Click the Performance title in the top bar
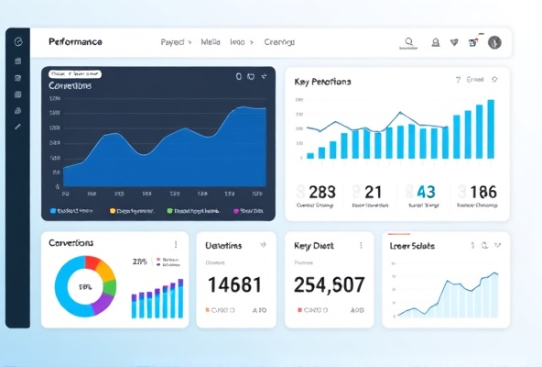click(75, 42)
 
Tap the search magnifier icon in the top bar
click(408, 42)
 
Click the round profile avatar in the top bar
click(494, 42)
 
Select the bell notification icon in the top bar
click(436, 42)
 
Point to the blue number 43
click(426, 192)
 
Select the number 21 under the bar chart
click(373, 192)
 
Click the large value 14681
click(235, 284)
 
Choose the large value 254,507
click(329, 284)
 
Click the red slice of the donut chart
click(92, 262)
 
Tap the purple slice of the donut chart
click(105, 303)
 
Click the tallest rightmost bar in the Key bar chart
click(491, 128)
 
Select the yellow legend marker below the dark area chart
click(113, 210)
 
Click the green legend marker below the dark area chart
click(170, 210)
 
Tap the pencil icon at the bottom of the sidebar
click(17, 126)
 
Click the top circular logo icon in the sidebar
click(17, 42)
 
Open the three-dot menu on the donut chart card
click(176, 245)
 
